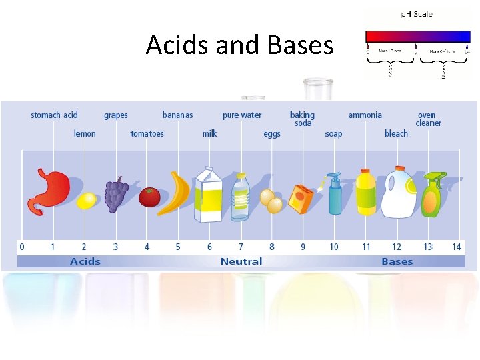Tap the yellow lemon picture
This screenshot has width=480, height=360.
[87, 200]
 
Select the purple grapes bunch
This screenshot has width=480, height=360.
[117, 194]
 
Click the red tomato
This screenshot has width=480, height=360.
[149, 197]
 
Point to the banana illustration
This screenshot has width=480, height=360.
[179, 193]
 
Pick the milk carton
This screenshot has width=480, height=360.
[208, 195]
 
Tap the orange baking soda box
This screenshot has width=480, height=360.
[301, 199]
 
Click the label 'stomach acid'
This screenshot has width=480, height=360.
[54, 115]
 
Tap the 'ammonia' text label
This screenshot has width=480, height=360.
[365, 115]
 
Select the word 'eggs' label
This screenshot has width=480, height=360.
[272, 134]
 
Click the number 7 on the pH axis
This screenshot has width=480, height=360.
[241, 247]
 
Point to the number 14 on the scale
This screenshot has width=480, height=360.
[456, 247]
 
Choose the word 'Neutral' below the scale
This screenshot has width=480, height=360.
[241, 261]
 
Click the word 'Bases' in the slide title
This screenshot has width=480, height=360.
[299, 45]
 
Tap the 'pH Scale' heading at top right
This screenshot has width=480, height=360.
[417, 14]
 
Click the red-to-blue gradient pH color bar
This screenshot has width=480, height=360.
[418, 36]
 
